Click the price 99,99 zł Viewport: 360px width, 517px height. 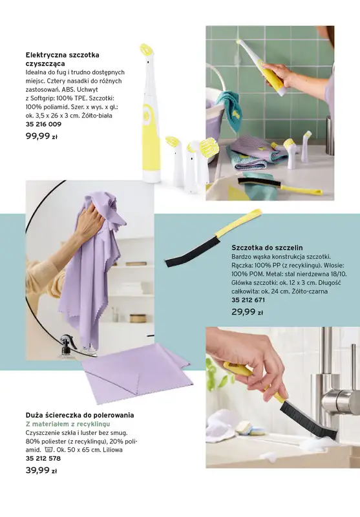(x=41, y=136)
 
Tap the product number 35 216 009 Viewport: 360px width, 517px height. (x=43, y=123)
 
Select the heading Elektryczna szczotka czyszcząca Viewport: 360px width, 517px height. (x=62, y=60)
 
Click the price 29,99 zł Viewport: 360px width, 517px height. (x=247, y=312)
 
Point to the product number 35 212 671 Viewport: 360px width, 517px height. (x=248, y=300)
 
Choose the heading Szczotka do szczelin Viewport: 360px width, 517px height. (x=267, y=248)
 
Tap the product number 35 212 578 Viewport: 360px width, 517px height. (x=43, y=458)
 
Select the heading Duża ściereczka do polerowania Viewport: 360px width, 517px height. (x=79, y=414)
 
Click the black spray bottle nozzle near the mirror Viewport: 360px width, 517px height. (x=67, y=340)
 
